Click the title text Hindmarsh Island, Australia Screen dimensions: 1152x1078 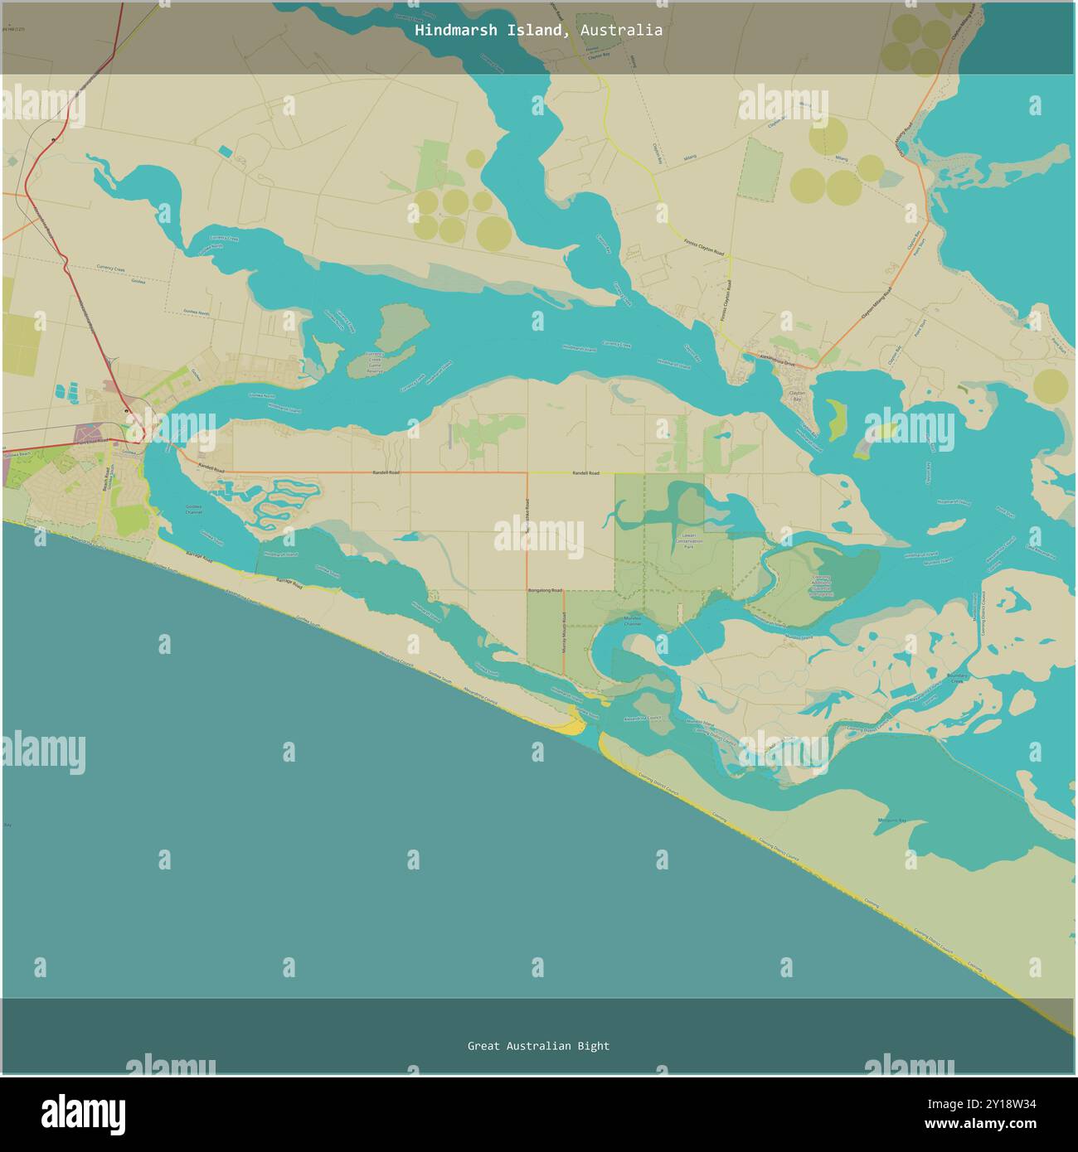539,31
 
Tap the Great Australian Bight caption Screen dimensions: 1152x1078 538,1046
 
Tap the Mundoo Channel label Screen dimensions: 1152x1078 632,622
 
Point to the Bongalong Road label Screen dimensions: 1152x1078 545,591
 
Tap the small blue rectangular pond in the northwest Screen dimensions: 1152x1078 226,152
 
